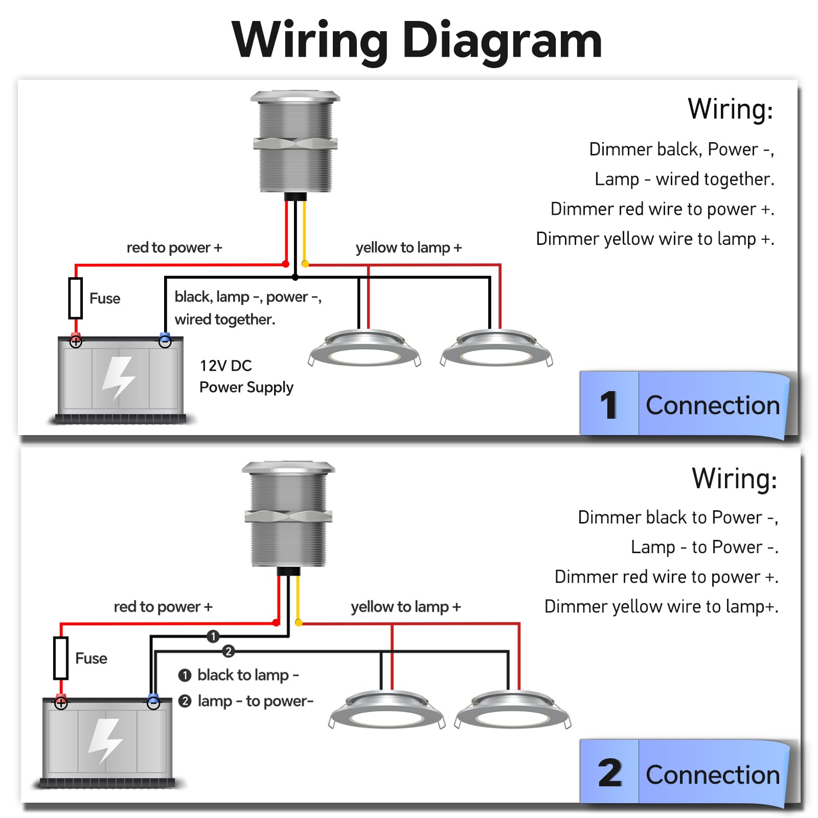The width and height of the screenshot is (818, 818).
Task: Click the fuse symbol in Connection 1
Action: pos(76,298)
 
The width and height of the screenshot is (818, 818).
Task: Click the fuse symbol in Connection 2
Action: pos(61,658)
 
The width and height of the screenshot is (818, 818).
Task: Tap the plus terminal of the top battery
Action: pos(76,342)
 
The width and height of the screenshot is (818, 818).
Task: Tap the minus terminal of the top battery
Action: pos(165,342)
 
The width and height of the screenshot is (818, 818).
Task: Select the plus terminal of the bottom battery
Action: pos(61,703)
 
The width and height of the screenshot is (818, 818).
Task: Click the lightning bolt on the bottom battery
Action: pos(106,740)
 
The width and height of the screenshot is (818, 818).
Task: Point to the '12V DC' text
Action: pos(225,366)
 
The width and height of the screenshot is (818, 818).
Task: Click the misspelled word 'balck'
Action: pos(678,149)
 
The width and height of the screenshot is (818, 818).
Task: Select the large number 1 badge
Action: pos(609,405)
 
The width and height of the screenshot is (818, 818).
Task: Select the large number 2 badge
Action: pos(609,773)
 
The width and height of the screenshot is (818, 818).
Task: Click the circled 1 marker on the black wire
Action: pos(213,637)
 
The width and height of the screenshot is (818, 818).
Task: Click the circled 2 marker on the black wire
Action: pos(229,651)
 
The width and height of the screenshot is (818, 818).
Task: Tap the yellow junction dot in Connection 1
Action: pos(305,264)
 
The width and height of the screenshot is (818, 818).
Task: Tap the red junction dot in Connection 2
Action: pos(277,622)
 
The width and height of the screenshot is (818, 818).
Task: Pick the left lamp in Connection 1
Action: pos(365,348)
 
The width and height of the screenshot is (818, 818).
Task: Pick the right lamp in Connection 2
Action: pos(513,710)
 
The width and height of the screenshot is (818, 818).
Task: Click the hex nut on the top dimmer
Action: pos(296,143)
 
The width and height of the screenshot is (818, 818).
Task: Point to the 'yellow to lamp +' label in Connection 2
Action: pos(405,607)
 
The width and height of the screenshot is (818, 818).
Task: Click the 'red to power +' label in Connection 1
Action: pos(174,247)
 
